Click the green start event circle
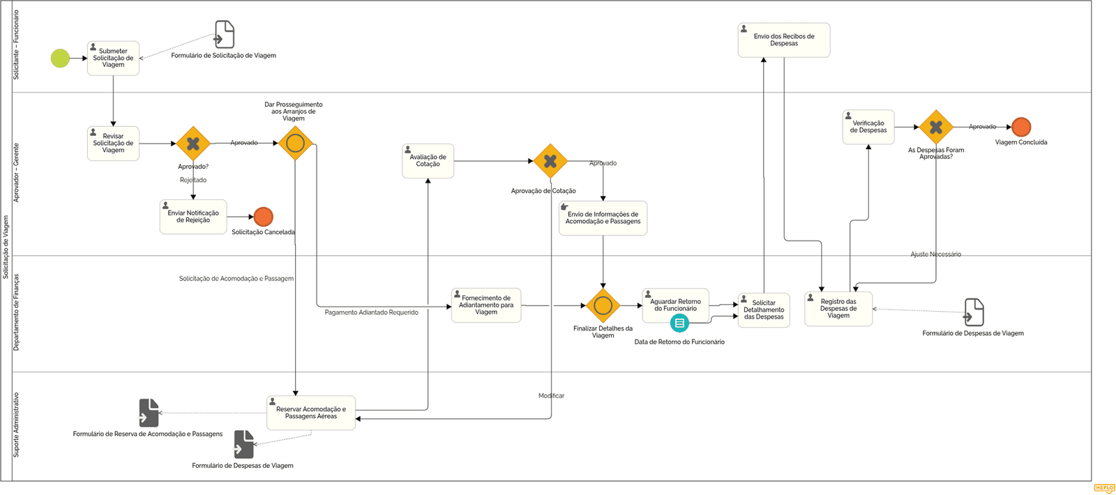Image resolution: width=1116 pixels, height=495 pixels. point(60,59)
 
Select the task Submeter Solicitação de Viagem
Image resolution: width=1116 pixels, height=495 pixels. point(113,59)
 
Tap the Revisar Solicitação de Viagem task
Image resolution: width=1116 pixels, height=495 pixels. point(113,144)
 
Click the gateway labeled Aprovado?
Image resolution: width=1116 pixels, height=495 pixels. point(193,144)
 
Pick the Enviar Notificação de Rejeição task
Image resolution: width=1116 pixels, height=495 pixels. point(193,217)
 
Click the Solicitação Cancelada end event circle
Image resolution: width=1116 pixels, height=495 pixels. point(264,217)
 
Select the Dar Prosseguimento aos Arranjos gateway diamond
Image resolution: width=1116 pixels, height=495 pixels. point(296,144)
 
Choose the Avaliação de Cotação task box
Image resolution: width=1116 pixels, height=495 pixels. point(428,161)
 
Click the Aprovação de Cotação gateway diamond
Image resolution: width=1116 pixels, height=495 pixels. point(550,161)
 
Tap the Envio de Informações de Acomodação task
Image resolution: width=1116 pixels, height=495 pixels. point(603,218)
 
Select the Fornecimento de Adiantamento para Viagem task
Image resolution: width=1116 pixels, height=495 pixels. point(486,305)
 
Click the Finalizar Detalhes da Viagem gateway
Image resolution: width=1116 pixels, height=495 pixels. point(603,305)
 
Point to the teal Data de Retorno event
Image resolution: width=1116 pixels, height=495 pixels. point(679,323)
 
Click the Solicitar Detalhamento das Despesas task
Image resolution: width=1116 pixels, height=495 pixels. point(764,310)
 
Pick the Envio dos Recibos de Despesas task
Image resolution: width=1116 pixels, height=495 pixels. point(784,40)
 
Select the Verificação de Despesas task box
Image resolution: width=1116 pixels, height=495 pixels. point(868,127)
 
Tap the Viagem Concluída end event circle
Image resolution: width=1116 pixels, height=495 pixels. point(1021,127)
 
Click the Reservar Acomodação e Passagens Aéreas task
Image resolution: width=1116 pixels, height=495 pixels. point(311,413)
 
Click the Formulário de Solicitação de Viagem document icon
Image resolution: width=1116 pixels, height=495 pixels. point(224,34)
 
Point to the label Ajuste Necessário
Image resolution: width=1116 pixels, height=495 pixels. point(935,254)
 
